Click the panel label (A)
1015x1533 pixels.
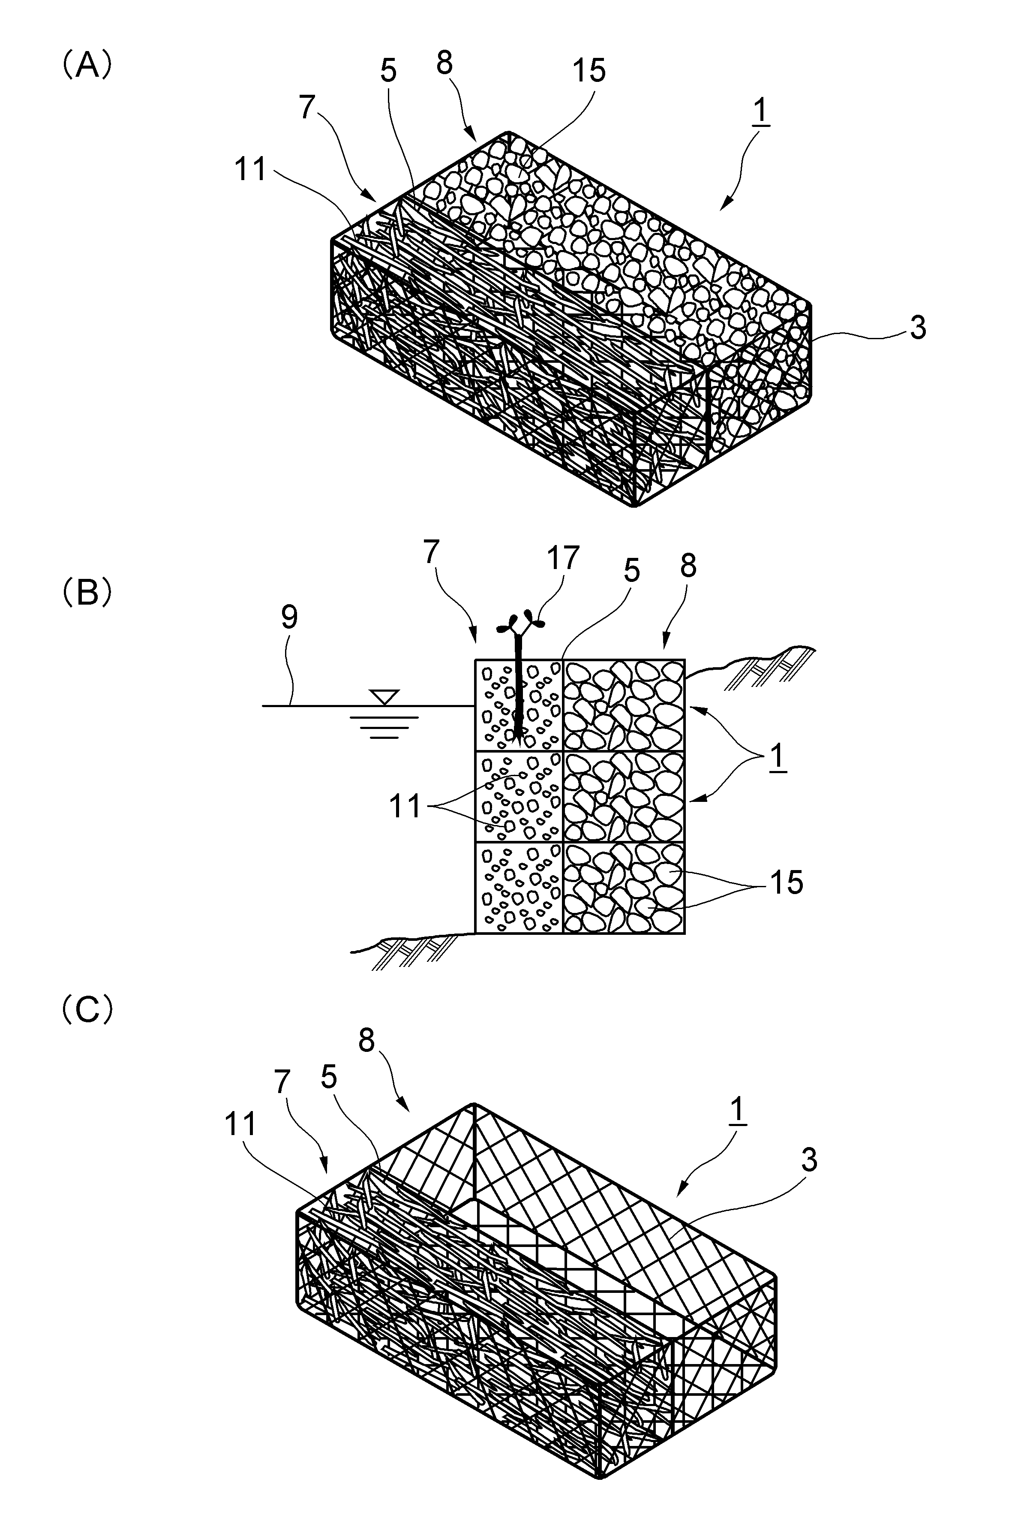(87, 66)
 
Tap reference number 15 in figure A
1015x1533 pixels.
(589, 71)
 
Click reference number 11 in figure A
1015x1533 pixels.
(250, 170)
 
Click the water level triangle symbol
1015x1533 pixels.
(384, 697)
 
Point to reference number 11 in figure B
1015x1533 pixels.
(405, 807)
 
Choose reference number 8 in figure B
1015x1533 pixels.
(688, 566)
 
